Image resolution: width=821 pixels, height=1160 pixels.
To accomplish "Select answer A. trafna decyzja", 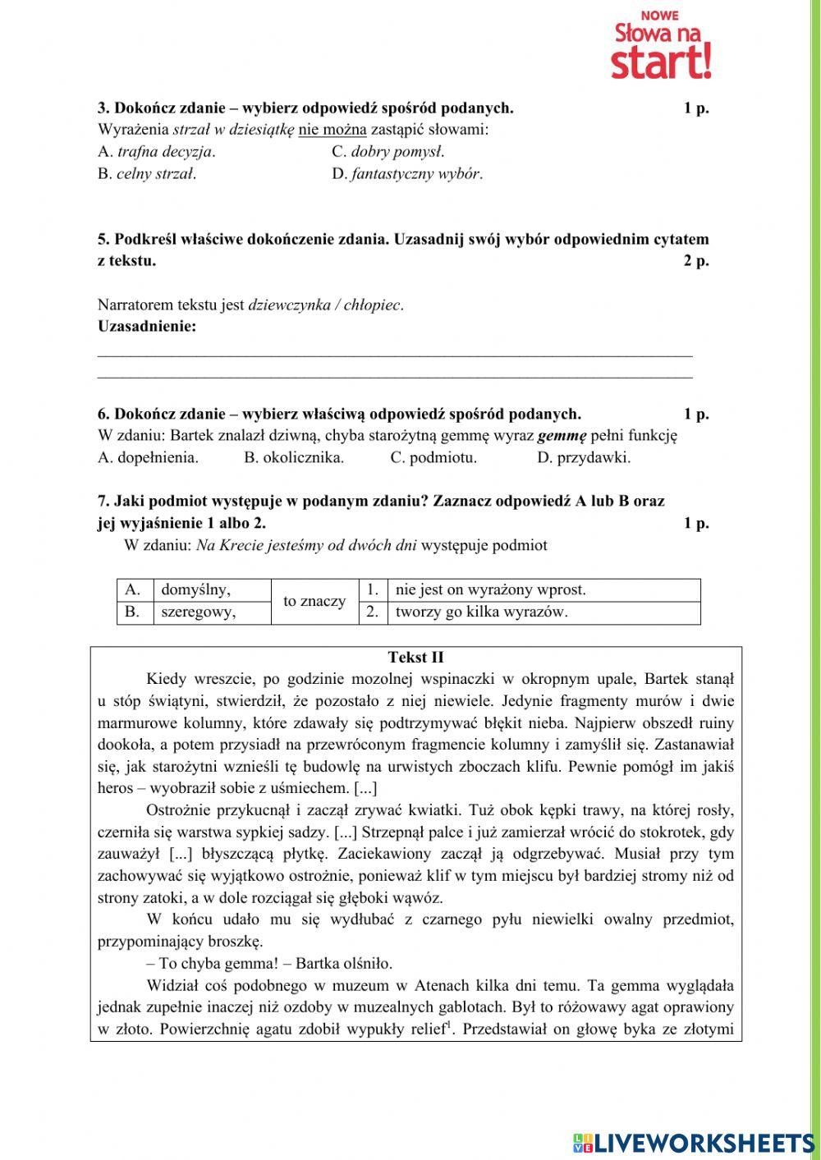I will click(156, 152).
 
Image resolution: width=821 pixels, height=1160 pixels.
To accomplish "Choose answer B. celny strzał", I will click(147, 174).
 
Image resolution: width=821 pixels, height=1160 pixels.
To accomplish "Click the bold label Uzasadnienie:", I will click(147, 327).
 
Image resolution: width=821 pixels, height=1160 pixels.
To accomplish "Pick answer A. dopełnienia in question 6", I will click(148, 458).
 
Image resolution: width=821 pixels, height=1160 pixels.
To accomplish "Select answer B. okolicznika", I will click(294, 458).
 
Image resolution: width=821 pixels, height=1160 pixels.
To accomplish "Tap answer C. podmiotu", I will click(433, 458).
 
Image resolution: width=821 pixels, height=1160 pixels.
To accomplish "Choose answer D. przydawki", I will click(584, 458).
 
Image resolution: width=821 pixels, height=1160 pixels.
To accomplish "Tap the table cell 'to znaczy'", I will click(314, 602).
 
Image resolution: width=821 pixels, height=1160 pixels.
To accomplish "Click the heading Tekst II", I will click(415, 658).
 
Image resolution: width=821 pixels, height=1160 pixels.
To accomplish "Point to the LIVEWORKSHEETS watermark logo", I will click(694, 1143).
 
